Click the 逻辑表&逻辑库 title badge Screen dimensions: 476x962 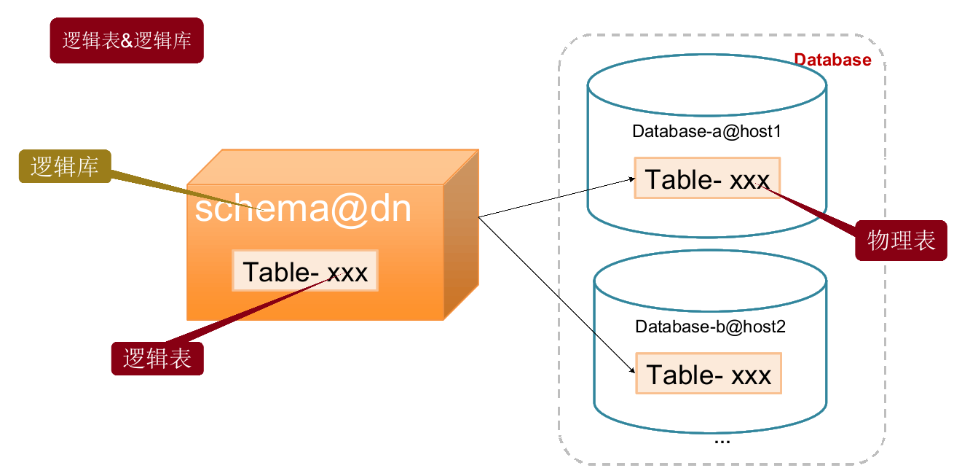(127, 41)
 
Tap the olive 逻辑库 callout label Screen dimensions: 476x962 (65, 166)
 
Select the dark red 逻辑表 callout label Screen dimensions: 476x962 (157, 359)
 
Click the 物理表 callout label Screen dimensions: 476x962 (901, 241)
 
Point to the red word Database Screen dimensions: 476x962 (832, 60)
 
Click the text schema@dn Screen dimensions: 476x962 (303, 209)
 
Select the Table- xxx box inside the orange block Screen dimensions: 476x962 (305, 271)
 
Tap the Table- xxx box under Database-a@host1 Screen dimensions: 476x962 (706, 179)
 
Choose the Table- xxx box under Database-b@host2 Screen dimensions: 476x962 (708, 374)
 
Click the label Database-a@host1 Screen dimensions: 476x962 (707, 132)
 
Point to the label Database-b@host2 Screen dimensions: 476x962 (710, 327)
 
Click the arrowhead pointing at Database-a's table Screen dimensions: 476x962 (629, 178)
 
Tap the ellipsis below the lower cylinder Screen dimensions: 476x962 (722, 440)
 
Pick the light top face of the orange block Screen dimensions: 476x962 (331, 167)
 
